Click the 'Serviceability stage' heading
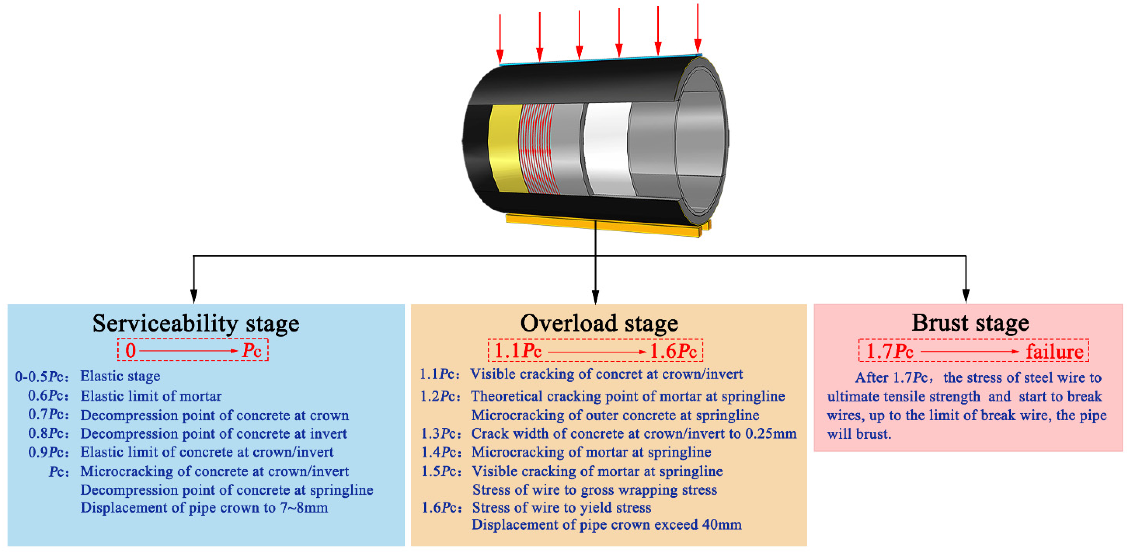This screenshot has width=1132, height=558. [196, 324]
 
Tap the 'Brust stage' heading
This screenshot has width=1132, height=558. [970, 323]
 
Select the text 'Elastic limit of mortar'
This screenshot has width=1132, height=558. [151, 396]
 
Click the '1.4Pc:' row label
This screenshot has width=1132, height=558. [441, 452]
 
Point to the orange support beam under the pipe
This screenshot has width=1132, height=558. [602, 225]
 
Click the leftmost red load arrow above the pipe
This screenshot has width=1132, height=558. [500, 40]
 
